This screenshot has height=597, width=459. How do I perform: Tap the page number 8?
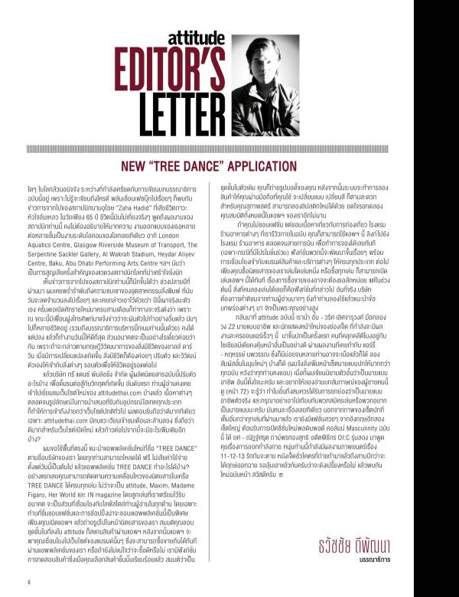pyautogui.click(x=28, y=580)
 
